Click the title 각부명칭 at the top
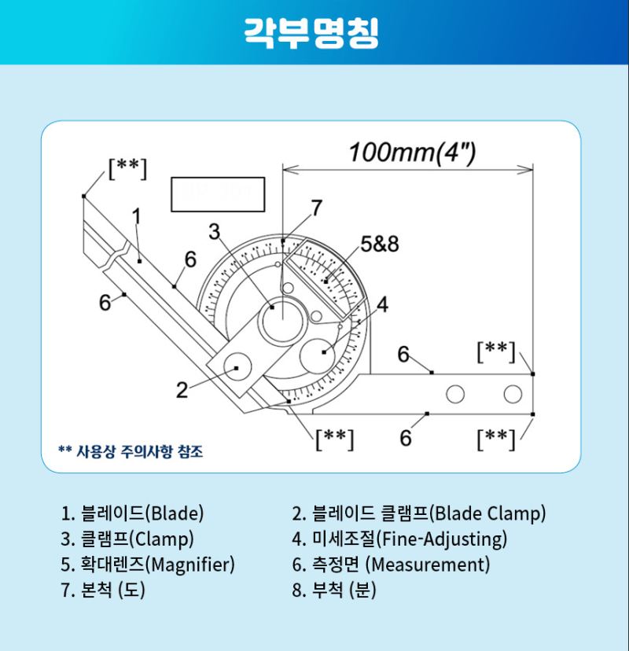[x=312, y=32]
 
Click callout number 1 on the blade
[x=136, y=215]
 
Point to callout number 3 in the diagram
[x=214, y=231]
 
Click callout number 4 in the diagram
[x=382, y=304]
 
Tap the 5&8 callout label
[x=380, y=244]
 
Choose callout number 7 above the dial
[x=315, y=208]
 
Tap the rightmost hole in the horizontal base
[x=513, y=393]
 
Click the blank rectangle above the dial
[x=217, y=193]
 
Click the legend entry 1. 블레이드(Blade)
[x=132, y=514]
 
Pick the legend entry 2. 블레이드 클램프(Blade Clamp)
[x=418, y=514]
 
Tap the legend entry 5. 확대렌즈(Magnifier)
[x=148, y=565]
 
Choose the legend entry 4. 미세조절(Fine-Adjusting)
[x=399, y=539]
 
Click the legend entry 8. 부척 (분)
[x=334, y=590]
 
